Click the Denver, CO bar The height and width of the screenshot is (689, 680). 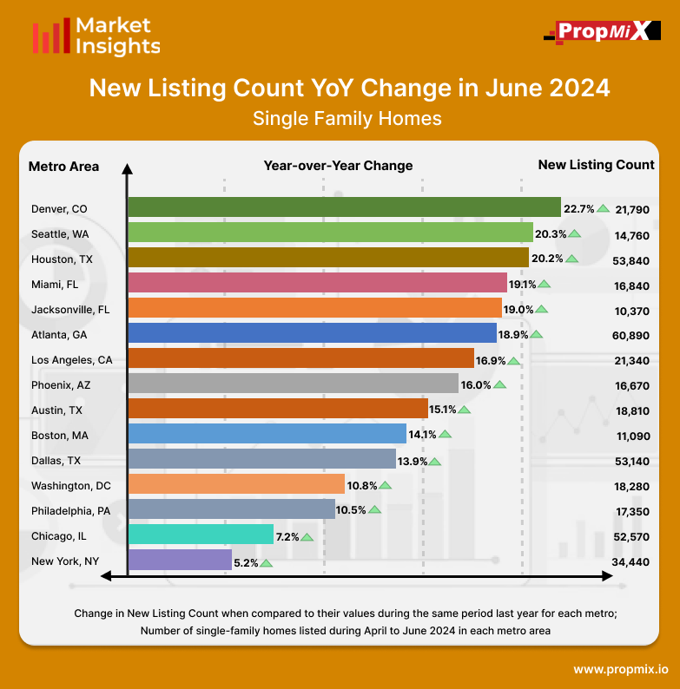point(344,207)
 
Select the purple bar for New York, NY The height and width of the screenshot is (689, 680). point(180,561)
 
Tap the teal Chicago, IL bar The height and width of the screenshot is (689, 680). point(201,535)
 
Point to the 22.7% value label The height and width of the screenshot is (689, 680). point(578,208)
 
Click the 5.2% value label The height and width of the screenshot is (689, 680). point(246,562)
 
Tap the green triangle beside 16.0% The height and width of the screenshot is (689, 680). point(499,384)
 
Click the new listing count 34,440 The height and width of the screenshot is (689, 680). point(631,561)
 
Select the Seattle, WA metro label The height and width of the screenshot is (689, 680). point(59,233)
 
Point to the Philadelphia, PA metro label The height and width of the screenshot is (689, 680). point(70,510)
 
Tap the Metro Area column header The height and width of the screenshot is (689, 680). point(63,166)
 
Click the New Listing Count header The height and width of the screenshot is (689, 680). point(596,165)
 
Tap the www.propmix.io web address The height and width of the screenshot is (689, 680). point(620,669)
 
